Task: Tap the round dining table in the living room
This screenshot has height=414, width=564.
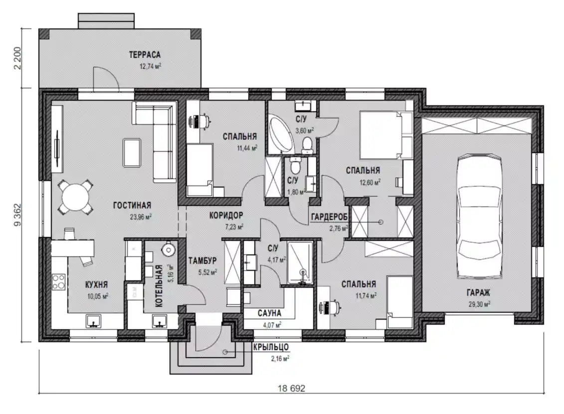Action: (75, 197)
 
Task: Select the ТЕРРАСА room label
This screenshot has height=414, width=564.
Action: (145, 55)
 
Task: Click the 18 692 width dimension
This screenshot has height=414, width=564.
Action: (291, 389)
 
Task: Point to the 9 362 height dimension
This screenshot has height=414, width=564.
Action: (17, 215)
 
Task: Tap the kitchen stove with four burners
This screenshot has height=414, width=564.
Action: (58, 282)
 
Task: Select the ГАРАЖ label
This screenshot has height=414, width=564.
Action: (479, 293)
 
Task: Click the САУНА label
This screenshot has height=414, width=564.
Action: (269, 313)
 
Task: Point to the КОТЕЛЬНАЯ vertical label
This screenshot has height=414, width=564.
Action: (160, 286)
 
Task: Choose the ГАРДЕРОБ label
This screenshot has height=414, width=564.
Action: (329, 217)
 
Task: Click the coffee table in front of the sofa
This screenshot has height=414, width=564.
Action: (132, 153)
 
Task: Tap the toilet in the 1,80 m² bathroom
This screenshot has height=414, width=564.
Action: (295, 166)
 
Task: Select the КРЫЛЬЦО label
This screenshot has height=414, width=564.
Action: (271, 347)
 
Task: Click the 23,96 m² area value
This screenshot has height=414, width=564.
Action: (141, 217)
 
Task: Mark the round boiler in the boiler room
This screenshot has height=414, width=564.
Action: (168, 249)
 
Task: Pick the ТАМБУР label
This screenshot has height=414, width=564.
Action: (202, 260)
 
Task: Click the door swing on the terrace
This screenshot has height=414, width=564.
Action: (105, 77)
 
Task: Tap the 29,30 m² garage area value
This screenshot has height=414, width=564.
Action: (479, 304)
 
